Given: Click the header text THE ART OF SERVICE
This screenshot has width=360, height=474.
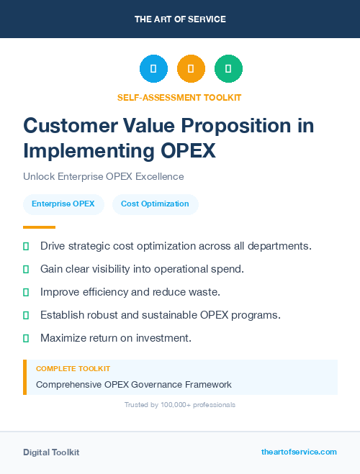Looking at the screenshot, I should click(180, 19).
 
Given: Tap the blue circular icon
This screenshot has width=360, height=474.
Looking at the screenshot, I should click(153, 68).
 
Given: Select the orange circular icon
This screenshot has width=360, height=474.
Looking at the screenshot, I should click(191, 68).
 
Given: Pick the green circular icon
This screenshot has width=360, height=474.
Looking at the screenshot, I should click(228, 68).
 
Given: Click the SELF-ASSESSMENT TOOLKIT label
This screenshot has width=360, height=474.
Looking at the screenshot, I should click(180, 97).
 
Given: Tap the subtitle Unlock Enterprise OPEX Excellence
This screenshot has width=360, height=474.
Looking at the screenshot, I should click(104, 176).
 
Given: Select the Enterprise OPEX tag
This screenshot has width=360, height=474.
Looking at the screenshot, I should click(63, 204).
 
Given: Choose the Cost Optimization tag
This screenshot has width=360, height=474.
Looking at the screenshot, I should click(155, 204).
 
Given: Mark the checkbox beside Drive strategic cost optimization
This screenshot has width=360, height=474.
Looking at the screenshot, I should click(26, 246).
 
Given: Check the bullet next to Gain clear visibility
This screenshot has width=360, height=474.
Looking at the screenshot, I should click(26, 269).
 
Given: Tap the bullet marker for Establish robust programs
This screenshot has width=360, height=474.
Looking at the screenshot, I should click(26, 315).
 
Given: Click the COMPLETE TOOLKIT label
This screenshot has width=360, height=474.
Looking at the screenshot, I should click(73, 368).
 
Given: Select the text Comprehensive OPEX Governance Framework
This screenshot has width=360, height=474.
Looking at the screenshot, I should click(134, 384).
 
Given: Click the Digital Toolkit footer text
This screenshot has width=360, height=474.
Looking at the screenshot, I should click(51, 452).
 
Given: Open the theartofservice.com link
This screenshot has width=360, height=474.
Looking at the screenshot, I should click(299, 452).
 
